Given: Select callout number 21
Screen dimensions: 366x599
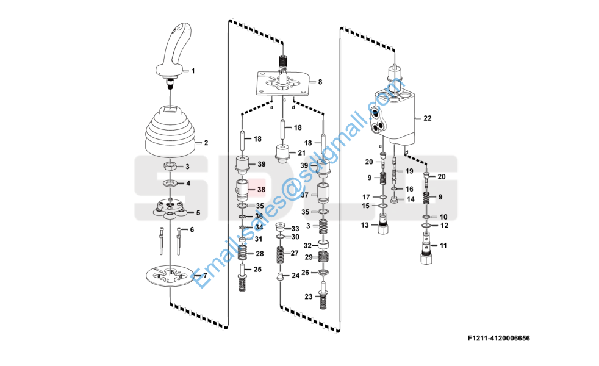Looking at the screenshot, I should coord(301,152).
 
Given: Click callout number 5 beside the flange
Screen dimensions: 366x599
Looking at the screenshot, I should coord(198,212).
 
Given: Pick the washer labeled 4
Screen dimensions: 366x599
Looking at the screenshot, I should coord(170,182).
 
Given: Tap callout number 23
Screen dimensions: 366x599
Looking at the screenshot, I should coord(309,296).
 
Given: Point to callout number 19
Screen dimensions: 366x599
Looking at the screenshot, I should coord(409,171).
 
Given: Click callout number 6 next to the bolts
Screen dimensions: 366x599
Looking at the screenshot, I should coord(192,229).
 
